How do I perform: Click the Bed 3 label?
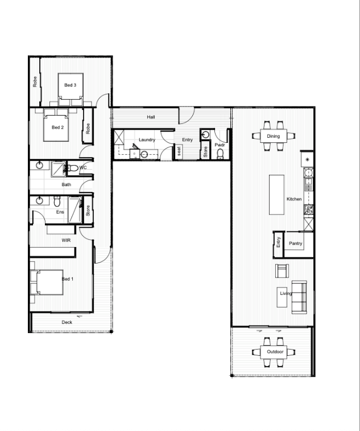click(x=71, y=85)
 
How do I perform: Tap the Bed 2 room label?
click(x=57, y=128)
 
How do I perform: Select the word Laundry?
click(x=147, y=139)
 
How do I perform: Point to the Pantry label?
click(x=296, y=243)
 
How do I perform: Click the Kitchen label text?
click(x=294, y=199)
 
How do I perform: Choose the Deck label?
click(x=67, y=322)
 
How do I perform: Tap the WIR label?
click(x=66, y=240)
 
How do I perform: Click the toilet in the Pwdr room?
click(x=220, y=154)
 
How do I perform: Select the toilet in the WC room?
click(x=72, y=167)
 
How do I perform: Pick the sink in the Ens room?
click(x=40, y=200)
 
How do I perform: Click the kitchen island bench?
click(x=276, y=194)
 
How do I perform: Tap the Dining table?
click(x=274, y=136)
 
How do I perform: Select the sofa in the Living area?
click(x=299, y=297)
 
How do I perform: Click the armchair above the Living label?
click(x=282, y=271)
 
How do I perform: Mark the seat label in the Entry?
click(x=179, y=151)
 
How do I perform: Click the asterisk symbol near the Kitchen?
click(x=307, y=159)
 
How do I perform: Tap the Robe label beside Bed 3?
click(x=35, y=81)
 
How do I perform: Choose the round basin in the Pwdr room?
click(x=205, y=135)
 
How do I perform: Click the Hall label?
click(x=151, y=117)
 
